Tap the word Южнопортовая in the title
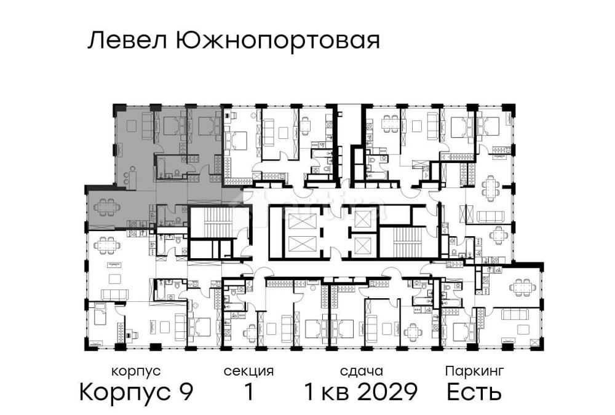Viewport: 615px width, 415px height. click(x=277, y=42)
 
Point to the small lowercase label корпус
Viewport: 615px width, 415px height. click(x=136, y=371)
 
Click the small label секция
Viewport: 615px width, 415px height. click(x=248, y=371)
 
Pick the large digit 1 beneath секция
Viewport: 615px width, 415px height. click(x=249, y=392)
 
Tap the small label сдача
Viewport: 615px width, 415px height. click(x=362, y=371)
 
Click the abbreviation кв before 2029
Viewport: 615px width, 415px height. click(x=333, y=392)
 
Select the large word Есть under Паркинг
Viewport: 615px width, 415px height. click(x=474, y=392)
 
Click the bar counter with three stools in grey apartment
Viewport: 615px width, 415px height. click(x=129, y=177)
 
